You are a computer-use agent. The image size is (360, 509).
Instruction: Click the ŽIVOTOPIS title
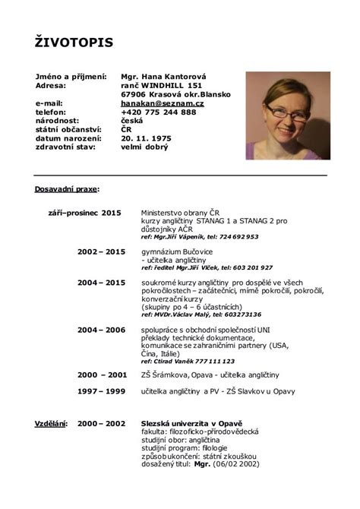[x=74, y=42]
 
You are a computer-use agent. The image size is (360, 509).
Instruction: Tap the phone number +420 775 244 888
[x=158, y=111]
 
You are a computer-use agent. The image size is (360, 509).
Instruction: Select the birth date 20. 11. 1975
[x=152, y=138]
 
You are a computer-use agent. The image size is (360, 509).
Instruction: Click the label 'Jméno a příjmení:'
[x=69, y=77]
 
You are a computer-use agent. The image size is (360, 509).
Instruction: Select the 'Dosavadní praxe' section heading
[x=67, y=187]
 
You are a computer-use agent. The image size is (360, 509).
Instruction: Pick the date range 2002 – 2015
[x=101, y=250]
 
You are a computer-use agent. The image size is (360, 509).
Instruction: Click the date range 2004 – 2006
[x=101, y=330]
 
